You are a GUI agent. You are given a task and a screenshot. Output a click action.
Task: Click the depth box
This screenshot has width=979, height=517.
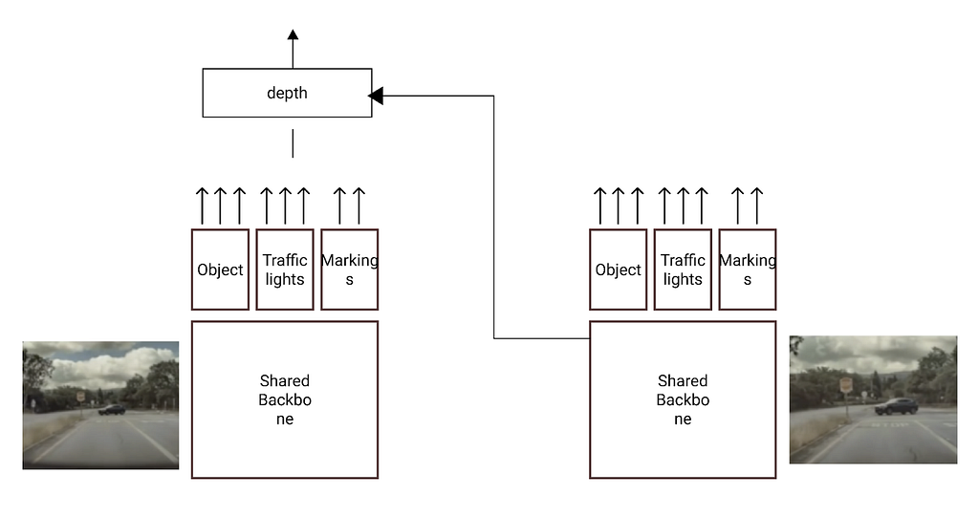pos(287,93)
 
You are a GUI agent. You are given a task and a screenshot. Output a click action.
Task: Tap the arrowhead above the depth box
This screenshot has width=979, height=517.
pos(293,34)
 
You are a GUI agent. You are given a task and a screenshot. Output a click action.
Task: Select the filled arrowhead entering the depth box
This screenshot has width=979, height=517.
pos(375,96)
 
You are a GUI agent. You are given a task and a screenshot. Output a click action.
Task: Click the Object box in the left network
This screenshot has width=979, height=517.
pos(221,269)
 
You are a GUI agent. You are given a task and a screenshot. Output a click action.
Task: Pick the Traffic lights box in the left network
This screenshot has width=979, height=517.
pos(285,269)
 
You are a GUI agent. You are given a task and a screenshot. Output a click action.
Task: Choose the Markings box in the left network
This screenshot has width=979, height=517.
pos(350,269)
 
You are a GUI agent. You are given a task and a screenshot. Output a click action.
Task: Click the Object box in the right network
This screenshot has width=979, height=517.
pos(619,269)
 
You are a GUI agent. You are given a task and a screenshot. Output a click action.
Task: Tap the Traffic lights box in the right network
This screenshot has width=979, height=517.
pos(683,269)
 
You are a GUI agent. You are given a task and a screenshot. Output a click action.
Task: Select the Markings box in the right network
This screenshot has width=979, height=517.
pos(748,269)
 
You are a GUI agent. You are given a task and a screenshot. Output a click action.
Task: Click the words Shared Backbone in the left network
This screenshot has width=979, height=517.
pos(285,399)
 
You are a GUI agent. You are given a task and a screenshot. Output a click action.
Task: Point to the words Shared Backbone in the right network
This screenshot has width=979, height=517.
pos(683,399)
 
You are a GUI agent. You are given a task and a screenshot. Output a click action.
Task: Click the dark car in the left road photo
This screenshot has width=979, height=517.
pos(112,410)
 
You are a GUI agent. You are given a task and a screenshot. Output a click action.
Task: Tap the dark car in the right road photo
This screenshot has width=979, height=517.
pos(896,406)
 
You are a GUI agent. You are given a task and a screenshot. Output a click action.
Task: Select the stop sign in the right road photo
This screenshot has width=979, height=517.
pos(846,384)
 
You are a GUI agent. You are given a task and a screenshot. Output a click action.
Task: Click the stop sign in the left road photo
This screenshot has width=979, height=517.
pos(80,397)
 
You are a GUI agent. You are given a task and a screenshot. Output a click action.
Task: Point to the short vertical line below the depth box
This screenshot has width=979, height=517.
pos(293,143)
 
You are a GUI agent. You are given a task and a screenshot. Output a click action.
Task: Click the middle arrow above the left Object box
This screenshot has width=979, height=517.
pos(221,205)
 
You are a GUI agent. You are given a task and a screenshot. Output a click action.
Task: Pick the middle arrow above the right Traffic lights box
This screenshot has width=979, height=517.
pos(683,205)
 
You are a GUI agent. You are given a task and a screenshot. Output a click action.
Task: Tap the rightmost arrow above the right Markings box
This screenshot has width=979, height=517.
pos(757,205)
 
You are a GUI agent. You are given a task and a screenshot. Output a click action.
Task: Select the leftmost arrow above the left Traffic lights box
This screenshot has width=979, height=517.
pos(267,205)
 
